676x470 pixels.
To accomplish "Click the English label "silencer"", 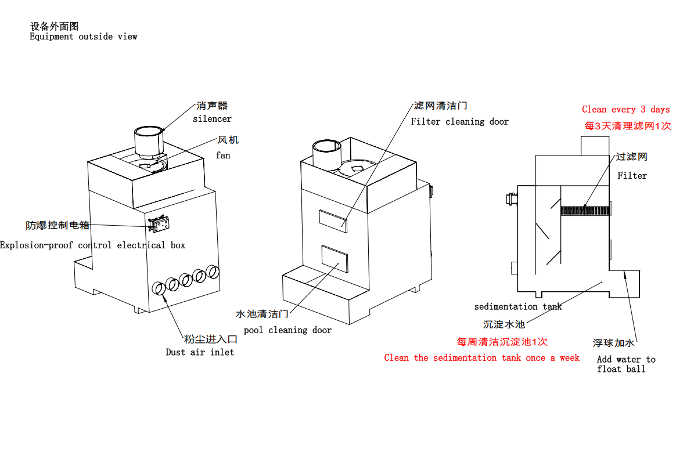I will click(212, 119).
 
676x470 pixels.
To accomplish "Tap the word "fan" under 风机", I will click(223, 156).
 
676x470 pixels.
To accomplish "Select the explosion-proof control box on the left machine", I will click(159, 225).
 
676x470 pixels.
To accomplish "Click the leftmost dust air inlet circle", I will click(158, 288).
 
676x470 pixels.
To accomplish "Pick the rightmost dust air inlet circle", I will click(213, 272).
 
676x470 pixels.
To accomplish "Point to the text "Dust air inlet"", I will click(200, 352).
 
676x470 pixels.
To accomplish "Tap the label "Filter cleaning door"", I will click(459, 122).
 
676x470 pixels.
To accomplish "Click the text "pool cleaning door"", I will click(287, 330).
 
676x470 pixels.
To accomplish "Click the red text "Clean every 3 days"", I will click(625, 110).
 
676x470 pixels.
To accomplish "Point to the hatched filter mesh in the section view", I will click(585, 210).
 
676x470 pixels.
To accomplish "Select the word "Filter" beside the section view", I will click(632, 176).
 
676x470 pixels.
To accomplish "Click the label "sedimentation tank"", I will click(517, 307).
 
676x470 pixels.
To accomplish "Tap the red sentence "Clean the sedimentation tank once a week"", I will click(481, 358).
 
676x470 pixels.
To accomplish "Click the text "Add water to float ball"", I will click(625, 364).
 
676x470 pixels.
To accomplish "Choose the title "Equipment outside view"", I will click(84, 37).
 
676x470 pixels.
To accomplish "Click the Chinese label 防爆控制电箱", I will click(57, 226).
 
